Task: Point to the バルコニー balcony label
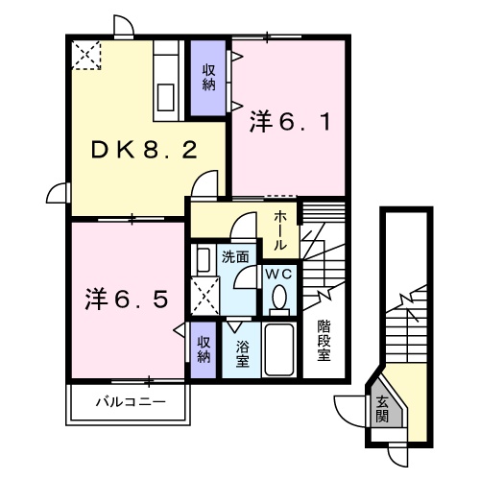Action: [x=129, y=401]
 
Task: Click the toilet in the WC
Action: [x=278, y=299]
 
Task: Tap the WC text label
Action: [x=278, y=274]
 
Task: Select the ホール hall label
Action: [x=278, y=230]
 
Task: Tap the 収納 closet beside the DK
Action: [x=208, y=76]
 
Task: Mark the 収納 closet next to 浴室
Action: [x=204, y=348]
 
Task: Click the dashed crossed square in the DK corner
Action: [x=85, y=55]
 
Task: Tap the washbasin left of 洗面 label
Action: [x=204, y=259]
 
